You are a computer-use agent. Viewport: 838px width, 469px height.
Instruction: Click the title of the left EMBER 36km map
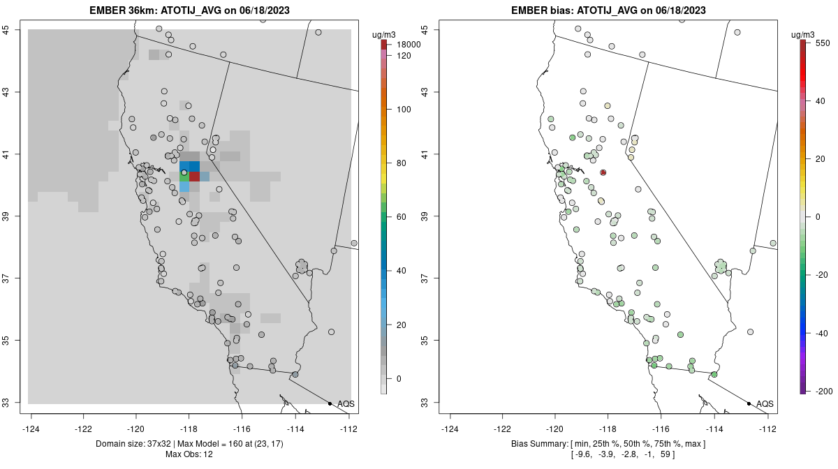click(189, 10)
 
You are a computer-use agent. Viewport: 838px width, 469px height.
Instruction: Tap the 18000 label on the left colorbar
click(409, 45)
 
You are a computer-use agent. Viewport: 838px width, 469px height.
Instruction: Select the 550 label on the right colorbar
click(822, 43)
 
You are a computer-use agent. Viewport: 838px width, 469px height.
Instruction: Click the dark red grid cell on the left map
click(195, 177)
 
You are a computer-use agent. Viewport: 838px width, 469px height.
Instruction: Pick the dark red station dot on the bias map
click(603, 172)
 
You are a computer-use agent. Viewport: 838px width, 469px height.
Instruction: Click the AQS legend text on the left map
click(346, 404)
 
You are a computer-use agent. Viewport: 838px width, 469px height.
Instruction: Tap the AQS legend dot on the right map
click(749, 404)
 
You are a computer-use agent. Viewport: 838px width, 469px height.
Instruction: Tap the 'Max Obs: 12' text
click(189, 454)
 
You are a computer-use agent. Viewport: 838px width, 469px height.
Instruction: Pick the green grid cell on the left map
click(184, 177)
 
